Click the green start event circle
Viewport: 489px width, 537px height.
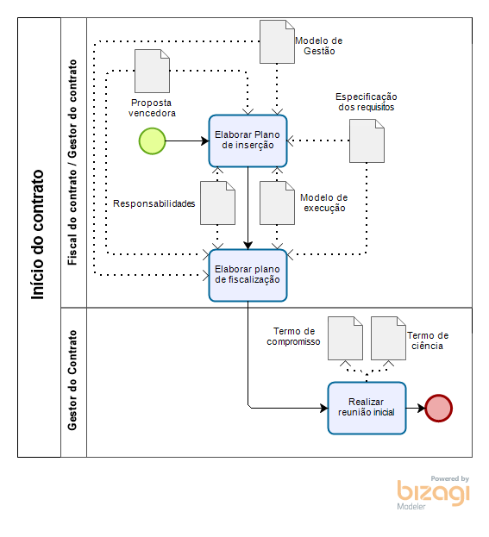coord(152,141)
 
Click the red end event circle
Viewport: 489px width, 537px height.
coord(439,409)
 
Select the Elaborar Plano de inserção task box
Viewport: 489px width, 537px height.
coord(248,140)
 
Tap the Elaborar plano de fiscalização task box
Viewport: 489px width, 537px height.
coord(248,275)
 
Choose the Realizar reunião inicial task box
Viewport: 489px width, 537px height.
coord(367,409)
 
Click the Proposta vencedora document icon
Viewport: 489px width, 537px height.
coord(152,71)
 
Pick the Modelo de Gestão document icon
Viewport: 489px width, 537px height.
coord(277,41)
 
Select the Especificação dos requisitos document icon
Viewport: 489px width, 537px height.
coord(367,140)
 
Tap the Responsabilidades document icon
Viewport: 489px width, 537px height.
coord(217,203)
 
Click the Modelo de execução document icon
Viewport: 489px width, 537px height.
coord(277,203)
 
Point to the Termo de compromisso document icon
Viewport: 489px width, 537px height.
coord(345,339)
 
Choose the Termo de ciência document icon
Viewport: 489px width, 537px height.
coord(388,339)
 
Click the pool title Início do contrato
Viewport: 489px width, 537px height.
coord(38,235)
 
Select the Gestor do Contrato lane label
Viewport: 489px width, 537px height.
coord(72,380)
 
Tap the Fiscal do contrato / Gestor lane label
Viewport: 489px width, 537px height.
coord(72,162)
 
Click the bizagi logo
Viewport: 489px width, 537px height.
coord(433,493)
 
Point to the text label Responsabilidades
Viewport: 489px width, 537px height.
coord(154,203)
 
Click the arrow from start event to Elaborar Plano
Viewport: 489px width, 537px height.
coord(187,140)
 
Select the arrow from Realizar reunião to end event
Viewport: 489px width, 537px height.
coord(416,409)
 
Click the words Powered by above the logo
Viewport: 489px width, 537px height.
coord(449,478)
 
